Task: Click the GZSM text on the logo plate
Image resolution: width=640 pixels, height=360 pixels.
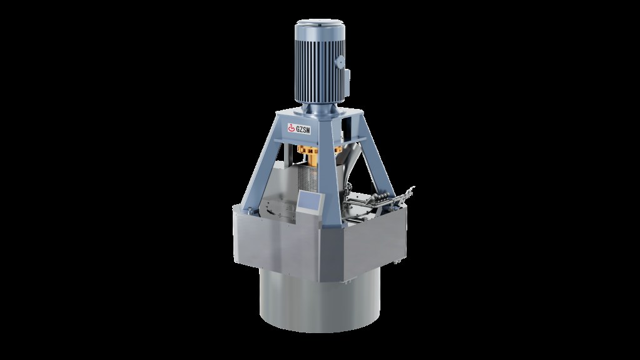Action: (303, 130)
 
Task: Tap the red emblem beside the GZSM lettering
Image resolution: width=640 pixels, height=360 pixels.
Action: (292, 128)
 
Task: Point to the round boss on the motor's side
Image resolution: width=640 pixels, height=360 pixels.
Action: (340, 62)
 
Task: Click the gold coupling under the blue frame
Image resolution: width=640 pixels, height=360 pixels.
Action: (308, 155)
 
